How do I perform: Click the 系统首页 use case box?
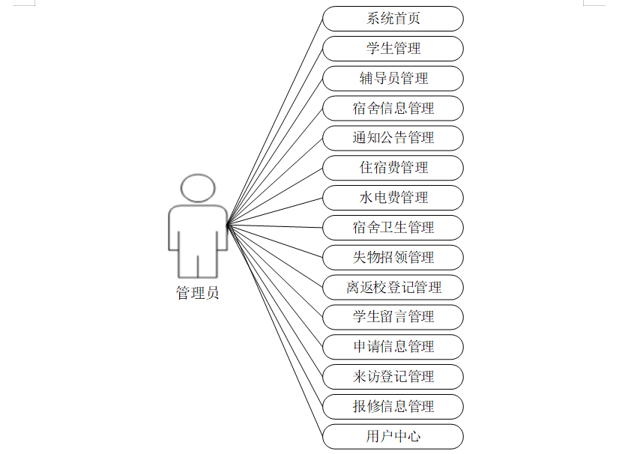[x=393, y=19]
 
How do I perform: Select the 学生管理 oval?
[x=393, y=49]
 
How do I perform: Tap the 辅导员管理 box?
[x=393, y=79]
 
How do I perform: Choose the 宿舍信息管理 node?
[x=393, y=109]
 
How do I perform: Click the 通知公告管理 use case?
[x=393, y=138]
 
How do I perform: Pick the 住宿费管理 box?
[x=393, y=168]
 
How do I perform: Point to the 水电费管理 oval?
[x=393, y=198]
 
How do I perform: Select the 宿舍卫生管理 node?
[x=393, y=228]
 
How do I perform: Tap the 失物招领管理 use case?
[x=393, y=258]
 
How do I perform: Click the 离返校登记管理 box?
[x=393, y=287]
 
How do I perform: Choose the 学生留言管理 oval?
[x=393, y=317]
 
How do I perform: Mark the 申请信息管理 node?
[x=393, y=347]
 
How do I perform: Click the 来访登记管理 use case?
[x=393, y=377]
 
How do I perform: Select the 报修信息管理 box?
[x=393, y=407]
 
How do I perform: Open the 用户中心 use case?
[x=393, y=436]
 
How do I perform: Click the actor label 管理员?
[x=198, y=293]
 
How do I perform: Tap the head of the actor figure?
[x=198, y=188]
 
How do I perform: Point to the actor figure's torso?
[x=198, y=228]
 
